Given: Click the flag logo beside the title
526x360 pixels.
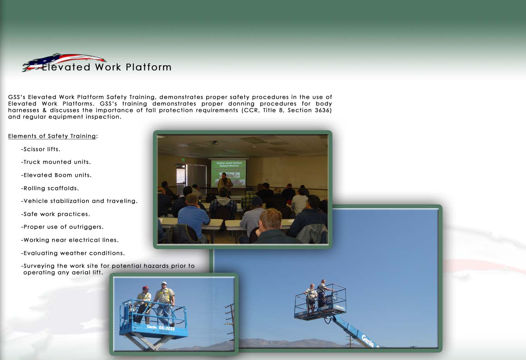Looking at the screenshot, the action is coord(63,62).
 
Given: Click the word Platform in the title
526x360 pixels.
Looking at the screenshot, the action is coord(149,67).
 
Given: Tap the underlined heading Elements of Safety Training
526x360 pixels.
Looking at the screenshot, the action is coord(52,136).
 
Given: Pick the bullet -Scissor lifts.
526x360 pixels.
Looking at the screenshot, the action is coord(41,149).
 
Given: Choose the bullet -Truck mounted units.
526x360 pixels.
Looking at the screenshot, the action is coord(56,162).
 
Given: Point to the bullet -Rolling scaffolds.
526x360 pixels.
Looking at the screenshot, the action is coord(50,188).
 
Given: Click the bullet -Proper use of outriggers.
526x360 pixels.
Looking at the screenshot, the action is coord(62,227).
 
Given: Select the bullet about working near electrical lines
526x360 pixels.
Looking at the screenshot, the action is coord(70,240).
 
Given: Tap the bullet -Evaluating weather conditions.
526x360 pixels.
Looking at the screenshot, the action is coord(73,253).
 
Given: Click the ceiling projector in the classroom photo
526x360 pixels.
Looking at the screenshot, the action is coord(214,143).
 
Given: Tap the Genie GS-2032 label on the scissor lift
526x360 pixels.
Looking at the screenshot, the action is coord(161,327).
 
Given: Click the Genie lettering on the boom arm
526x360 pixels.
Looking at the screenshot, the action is coord(368,341).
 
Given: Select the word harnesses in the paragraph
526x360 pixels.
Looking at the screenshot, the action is coord(24,110).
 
